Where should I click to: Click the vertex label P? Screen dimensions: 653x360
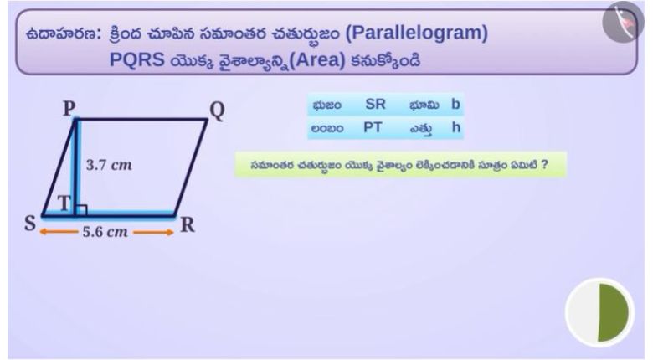[69, 108]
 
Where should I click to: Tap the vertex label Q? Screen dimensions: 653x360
[217, 111]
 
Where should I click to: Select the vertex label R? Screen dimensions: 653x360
[188, 225]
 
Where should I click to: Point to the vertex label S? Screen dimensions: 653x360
[30, 224]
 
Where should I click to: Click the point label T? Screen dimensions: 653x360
[64, 203]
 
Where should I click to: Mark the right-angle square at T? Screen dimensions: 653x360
[81, 210]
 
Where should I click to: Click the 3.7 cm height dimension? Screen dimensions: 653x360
[109, 165]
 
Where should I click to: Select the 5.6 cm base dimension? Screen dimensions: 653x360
[105, 232]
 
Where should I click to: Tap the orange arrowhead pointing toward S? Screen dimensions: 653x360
[43, 232]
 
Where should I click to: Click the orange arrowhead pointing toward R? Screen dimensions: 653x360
[169, 233]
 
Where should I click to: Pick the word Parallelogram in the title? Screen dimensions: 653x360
[416, 33]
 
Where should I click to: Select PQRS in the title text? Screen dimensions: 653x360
[137, 60]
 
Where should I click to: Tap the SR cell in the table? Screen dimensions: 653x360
[375, 104]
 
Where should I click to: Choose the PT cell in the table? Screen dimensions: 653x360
[373, 127]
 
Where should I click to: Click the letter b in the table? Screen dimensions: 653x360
[455, 104]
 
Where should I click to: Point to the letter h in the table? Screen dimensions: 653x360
[456, 127]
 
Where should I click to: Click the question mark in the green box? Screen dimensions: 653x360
[544, 165]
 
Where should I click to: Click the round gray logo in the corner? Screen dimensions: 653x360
[623, 22]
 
